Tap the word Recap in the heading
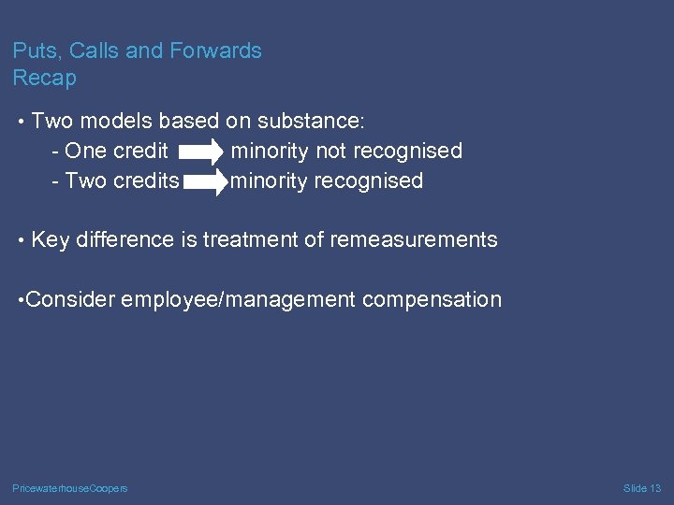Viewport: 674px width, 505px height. [44, 78]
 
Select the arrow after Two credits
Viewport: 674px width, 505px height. [205, 181]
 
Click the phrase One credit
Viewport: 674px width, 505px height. [117, 151]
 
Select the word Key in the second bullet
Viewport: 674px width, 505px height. [51, 239]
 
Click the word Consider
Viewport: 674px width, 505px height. [71, 299]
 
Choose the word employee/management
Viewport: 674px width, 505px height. [238, 299]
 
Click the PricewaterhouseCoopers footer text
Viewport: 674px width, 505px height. [70, 488]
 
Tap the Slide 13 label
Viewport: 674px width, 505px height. [642, 488]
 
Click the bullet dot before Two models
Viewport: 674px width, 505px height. [21, 122]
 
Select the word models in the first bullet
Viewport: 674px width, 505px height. [120, 121]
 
